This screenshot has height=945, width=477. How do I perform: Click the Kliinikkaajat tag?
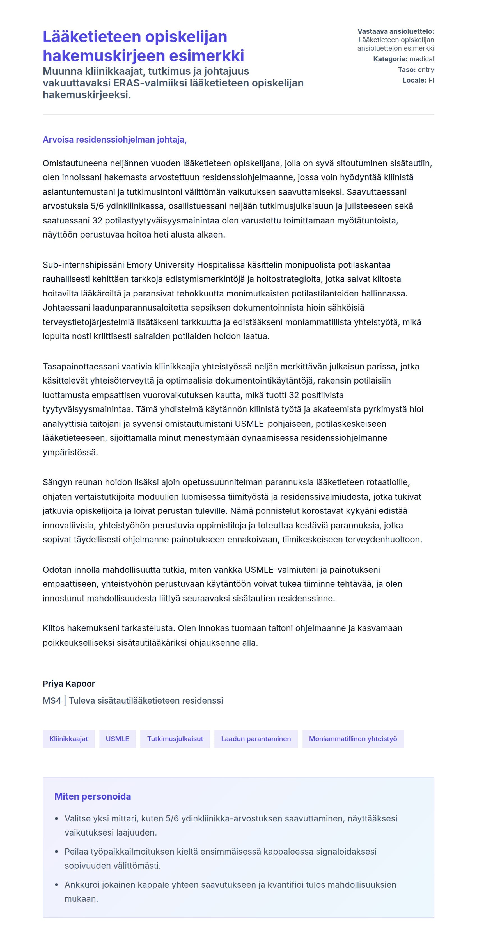pos(68,739)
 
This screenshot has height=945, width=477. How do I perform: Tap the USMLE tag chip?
pos(117,739)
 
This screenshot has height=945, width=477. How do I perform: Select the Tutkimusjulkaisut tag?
pos(175,739)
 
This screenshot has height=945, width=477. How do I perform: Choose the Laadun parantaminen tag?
pos(256,739)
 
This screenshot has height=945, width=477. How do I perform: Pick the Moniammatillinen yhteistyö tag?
pos(353,739)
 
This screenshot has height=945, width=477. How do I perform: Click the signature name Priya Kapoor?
pos(68,684)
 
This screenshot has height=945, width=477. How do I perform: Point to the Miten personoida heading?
pos(92,796)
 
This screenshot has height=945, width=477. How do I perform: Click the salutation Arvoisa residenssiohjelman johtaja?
pos(114,140)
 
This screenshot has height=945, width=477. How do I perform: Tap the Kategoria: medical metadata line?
pos(403,59)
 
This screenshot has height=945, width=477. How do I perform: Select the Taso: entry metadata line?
pos(416,70)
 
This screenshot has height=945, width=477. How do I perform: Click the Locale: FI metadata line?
pos(418,80)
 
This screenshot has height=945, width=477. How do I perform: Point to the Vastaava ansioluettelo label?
pos(396,31)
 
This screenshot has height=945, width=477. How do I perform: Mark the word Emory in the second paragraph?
pos(139,265)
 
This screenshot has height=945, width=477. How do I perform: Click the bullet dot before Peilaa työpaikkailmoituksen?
pos(56,852)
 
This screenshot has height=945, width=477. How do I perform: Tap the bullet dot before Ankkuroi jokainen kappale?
pos(56,885)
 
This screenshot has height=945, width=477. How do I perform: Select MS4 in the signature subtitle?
pos(52,701)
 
